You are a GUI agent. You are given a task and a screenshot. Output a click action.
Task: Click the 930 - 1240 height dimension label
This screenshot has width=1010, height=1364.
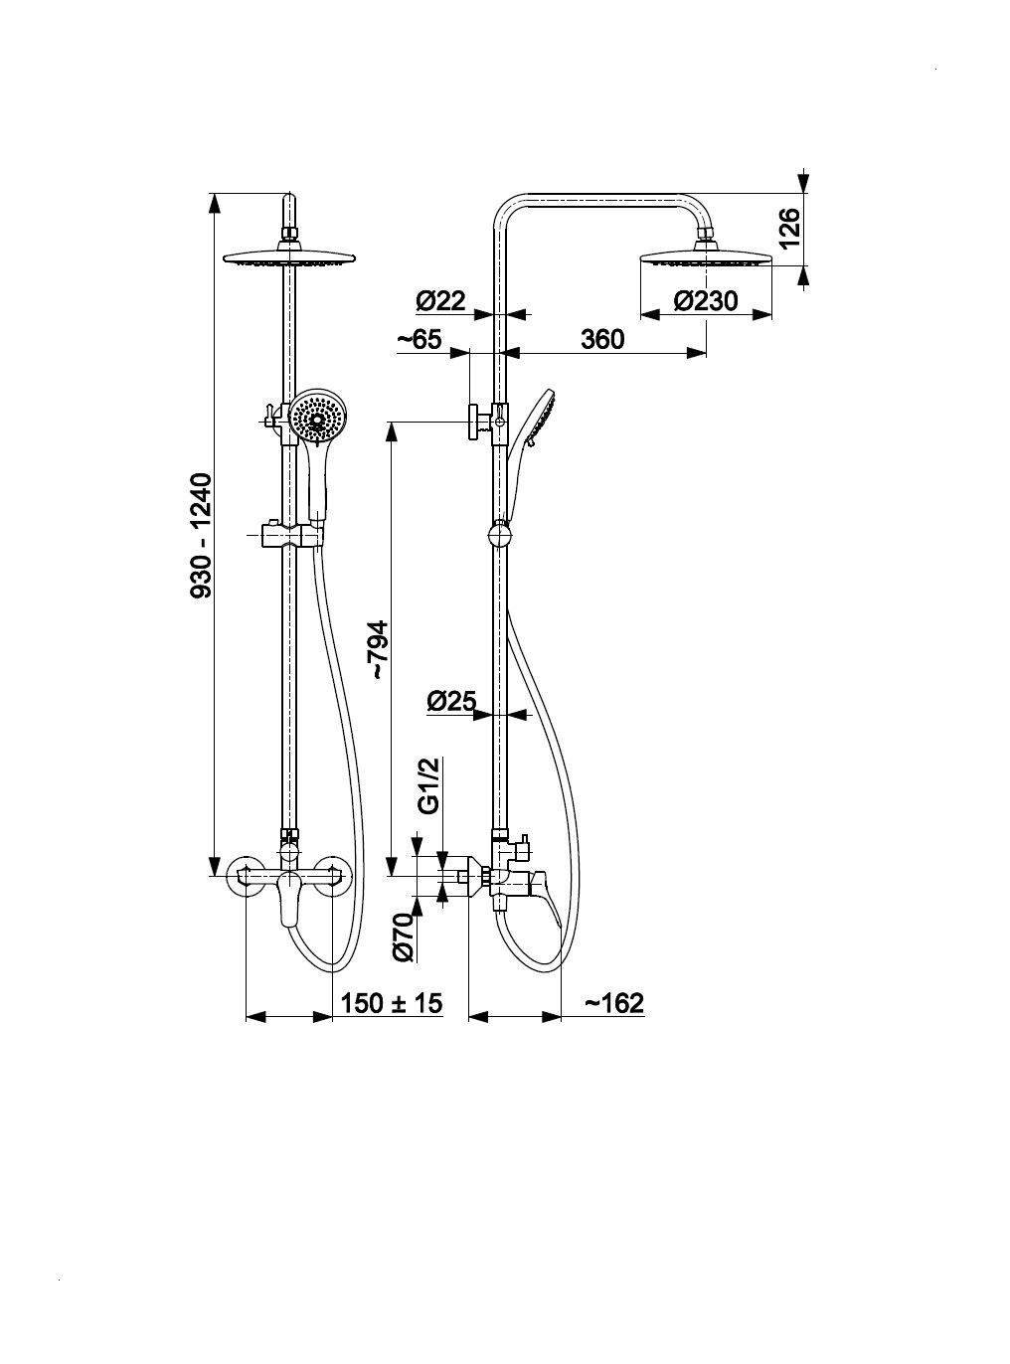pos(202,535)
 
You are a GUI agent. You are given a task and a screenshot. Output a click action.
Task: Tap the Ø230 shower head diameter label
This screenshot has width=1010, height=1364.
pos(705,301)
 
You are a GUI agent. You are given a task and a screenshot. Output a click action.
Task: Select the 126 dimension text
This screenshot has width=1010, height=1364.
pos(789,228)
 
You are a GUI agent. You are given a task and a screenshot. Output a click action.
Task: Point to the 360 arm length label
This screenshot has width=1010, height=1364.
pos(602,339)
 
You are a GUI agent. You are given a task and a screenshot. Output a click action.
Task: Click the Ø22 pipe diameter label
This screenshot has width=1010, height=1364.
pos(441,301)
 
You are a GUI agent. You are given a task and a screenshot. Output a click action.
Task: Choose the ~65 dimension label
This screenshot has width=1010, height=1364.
pos(421,339)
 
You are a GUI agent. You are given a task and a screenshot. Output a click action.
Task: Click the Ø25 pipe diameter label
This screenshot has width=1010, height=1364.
pos(452,701)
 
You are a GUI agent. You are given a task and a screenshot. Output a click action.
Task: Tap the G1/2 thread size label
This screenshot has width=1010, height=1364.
pos(432,786)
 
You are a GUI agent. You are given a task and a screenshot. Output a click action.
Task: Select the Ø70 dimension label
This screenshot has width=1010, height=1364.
pos(404,938)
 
